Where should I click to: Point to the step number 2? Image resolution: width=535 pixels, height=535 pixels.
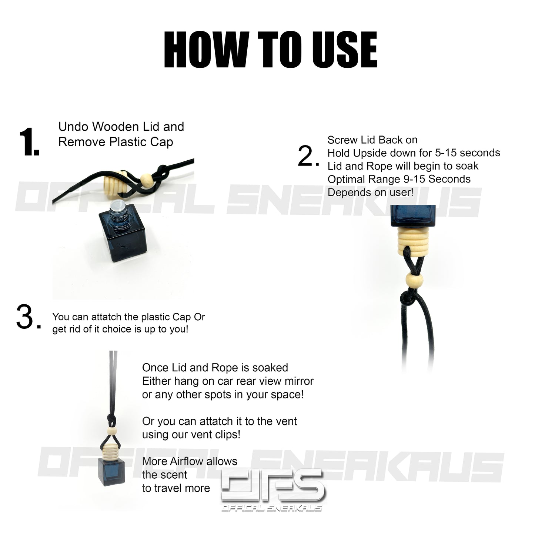pyautogui.click(x=308, y=156)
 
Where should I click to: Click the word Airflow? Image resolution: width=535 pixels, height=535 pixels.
pyautogui.click(x=186, y=461)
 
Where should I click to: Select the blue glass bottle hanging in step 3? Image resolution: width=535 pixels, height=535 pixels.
pyautogui.click(x=111, y=472)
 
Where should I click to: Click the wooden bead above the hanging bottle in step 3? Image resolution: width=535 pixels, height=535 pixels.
pyautogui.click(x=111, y=431)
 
